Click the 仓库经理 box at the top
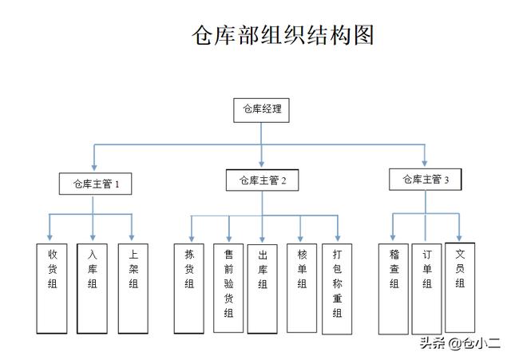pos(261,109)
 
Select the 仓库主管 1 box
pos(96,184)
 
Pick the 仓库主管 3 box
pos(426,180)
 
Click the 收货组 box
pos(52,287)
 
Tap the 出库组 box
pos(262,287)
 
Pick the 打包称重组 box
pos(337,287)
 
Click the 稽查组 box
pos(394,287)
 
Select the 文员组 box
pos(460,285)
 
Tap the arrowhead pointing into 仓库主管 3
pos(425,162)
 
